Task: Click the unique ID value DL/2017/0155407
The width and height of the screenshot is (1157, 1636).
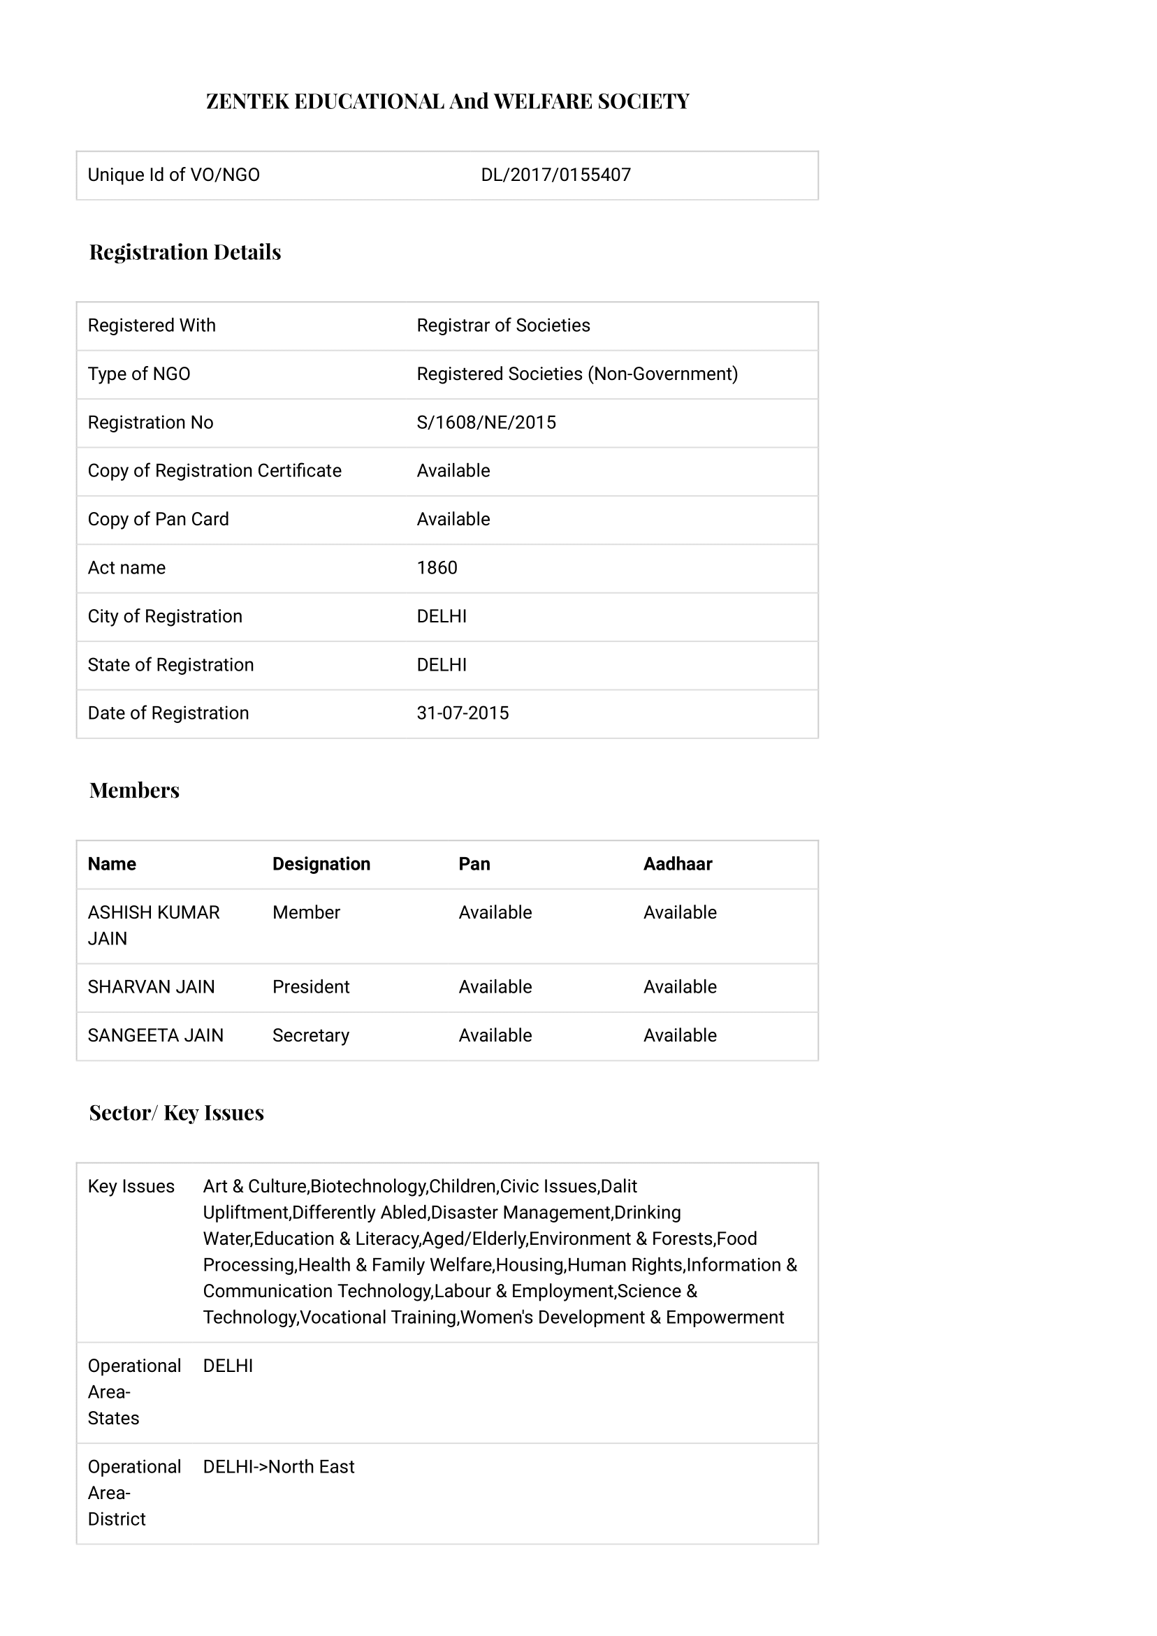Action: pos(555,175)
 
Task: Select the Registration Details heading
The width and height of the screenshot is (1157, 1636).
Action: pos(184,251)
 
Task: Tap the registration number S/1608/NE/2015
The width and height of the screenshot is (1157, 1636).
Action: pos(486,423)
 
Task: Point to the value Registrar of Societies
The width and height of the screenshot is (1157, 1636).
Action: pos(503,326)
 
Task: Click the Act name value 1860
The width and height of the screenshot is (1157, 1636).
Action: pos(437,568)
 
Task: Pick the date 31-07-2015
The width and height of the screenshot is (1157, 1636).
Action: pos(463,713)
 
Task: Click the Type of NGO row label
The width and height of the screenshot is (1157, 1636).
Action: pos(139,374)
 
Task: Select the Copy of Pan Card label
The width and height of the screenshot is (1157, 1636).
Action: pos(159,520)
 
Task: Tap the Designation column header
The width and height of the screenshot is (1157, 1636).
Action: pos(321,864)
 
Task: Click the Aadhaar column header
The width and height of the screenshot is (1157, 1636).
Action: pos(677,864)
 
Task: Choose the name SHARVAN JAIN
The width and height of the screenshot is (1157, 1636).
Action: pos(151,987)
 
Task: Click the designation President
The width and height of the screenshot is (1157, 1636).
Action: pos(311,987)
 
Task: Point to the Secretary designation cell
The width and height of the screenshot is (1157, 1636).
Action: pos(311,1035)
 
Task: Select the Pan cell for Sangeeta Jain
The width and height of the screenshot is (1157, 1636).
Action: pos(495,1035)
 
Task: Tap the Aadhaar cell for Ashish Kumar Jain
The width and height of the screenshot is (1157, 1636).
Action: pos(679,913)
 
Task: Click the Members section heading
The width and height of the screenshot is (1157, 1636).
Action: pos(134,790)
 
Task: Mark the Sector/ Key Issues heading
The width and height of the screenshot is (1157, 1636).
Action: pos(176,1112)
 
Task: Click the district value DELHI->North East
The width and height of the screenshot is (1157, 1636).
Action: pos(278,1467)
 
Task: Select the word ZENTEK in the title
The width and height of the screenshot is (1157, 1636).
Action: pos(247,101)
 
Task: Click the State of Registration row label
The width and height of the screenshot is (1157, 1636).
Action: pos(170,665)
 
